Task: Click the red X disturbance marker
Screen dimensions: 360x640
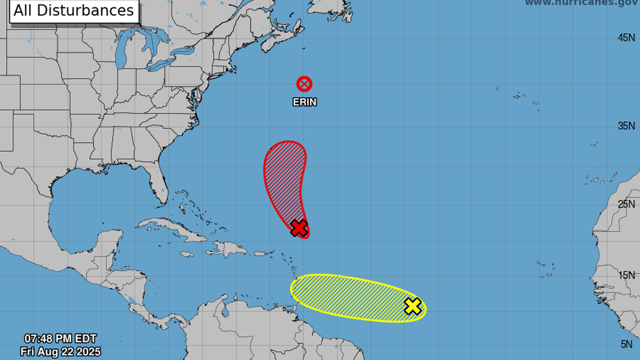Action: (299, 228)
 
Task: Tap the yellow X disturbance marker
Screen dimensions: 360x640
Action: (413, 306)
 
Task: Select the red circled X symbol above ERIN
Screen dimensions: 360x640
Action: (304, 84)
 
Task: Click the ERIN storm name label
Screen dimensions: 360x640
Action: (304, 102)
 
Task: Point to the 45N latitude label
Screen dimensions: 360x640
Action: (626, 38)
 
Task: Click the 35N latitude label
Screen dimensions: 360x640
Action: (626, 126)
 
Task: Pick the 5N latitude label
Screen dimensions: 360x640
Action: (628, 344)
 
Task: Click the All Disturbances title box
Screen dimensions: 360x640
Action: (74, 11)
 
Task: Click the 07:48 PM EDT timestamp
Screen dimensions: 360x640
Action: (60, 339)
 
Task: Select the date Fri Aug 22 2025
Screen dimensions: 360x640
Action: (60, 352)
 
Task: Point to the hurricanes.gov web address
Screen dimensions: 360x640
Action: (581, 3)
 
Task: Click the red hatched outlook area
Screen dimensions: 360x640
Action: (285, 177)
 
